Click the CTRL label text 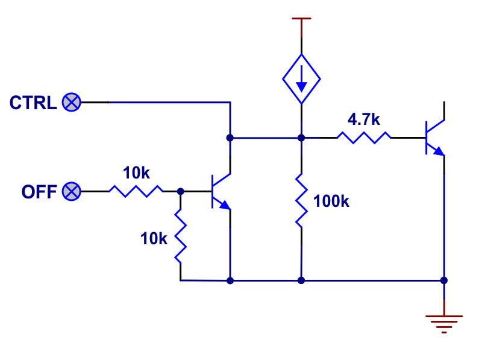[33, 103]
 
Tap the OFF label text [39, 192]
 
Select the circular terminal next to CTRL [72, 103]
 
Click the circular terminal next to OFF [72, 192]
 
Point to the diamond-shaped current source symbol [301, 78]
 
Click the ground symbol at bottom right [444, 323]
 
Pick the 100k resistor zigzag [301, 200]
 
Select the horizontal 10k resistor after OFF [136, 192]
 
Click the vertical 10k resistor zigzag [180, 236]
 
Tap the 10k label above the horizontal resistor [136, 173]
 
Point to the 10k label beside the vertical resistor [154, 238]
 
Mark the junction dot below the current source [301, 137]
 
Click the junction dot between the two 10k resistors [180, 192]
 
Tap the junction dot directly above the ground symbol [444, 280]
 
